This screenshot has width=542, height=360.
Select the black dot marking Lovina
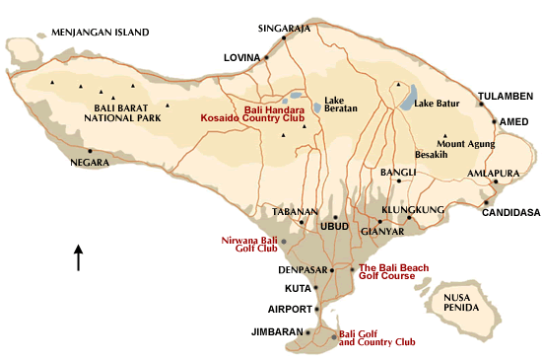coord(266,57)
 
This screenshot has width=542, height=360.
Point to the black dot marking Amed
coord(494,121)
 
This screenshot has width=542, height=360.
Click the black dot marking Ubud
coord(335,218)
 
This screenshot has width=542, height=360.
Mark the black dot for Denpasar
coord(332,269)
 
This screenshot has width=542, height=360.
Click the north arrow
coord(78,257)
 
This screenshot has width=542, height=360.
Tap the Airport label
coord(292,309)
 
